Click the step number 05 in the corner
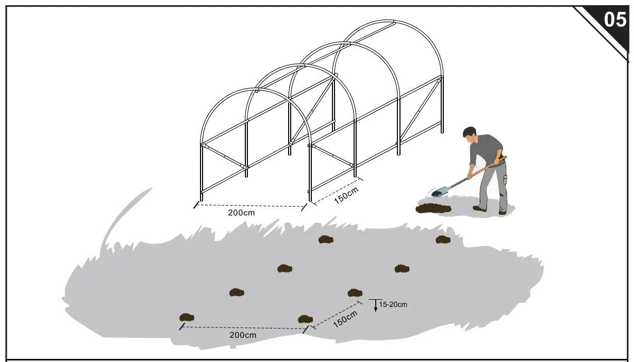point(614,20)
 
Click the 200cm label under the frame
point(241,212)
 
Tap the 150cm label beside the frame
point(346,195)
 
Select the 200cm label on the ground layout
point(243,335)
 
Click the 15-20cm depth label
point(393,304)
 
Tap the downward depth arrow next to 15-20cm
point(376,307)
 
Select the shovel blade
point(438,192)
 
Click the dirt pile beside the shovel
point(433,209)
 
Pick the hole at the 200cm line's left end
point(186,317)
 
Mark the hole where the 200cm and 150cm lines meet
point(305,319)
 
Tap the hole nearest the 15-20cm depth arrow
point(355,293)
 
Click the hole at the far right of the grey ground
point(443,239)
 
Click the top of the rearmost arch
point(393,22)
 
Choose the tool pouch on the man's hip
point(505,179)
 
